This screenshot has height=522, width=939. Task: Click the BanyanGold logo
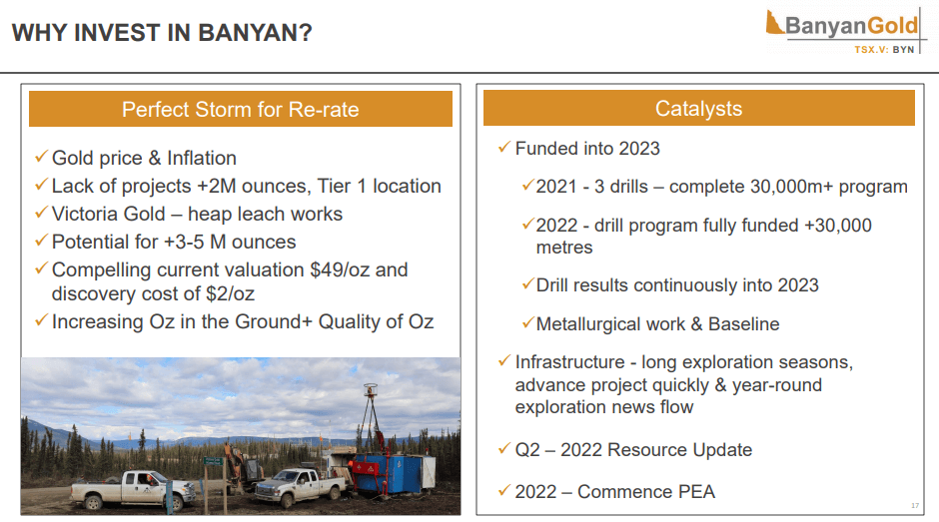(843, 31)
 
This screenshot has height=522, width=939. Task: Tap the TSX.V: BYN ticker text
(884, 50)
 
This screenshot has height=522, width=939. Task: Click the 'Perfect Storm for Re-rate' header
(240, 109)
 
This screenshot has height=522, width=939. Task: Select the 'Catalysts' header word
(698, 109)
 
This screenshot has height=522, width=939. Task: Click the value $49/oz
(340, 269)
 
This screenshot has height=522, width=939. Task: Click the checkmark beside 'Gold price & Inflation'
(41, 157)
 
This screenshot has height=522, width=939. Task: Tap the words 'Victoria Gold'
(109, 214)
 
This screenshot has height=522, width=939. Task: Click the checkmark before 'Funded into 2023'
(504, 148)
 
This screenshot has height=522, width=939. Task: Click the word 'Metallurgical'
(610, 324)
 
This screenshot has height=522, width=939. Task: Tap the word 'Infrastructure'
(569, 362)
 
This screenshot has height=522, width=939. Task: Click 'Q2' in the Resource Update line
(527, 449)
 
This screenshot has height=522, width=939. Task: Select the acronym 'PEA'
(696, 491)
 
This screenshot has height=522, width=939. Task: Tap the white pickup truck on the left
(133, 488)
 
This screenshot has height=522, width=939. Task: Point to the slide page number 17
(914, 506)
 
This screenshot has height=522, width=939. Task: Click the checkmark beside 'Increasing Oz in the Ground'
(41, 320)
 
